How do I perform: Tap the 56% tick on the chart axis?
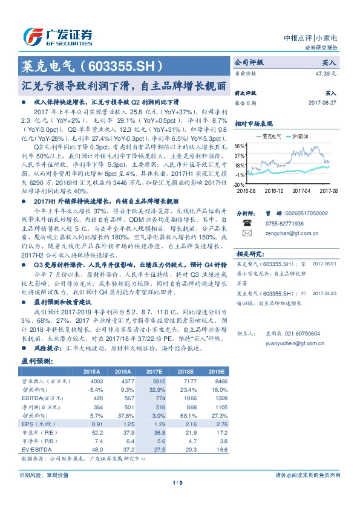(240, 146)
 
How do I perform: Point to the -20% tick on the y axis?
(240, 184)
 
